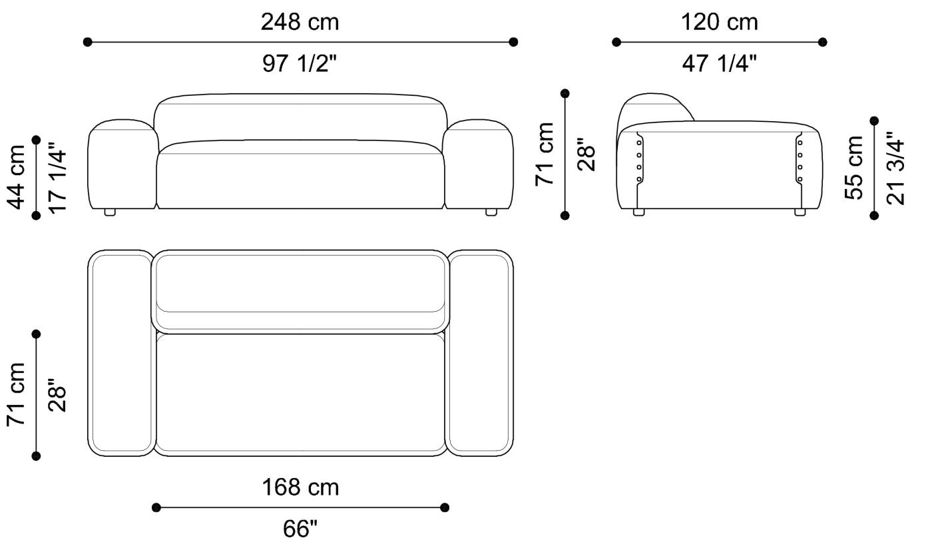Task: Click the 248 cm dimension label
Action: pyautogui.click(x=300, y=22)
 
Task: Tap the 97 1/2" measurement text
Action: pyautogui.click(x=299, y=64)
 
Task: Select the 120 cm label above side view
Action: pyautogui.click(x=719, y=22)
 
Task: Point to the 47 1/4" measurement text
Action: pyautogui.click(x=719, y=64)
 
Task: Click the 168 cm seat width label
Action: pyautogui.click(x=300, y=487)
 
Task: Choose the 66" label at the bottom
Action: pyautogui.click(x=300, y=529)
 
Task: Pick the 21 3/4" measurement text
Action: pyautogui.click(x=895, y=168)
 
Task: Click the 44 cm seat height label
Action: pyautogui.click(x=17, y=177)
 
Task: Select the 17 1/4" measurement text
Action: pyautogui.click(x=57, y=177)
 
